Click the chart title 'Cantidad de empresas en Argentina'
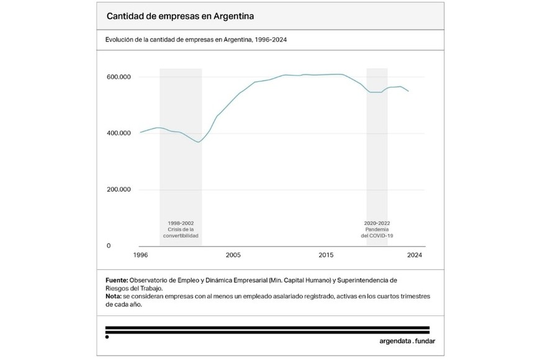(179, 16)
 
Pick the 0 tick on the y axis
(109, 246)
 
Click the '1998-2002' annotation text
(181, 223)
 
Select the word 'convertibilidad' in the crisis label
(181, 236)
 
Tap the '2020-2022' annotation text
(377, 223)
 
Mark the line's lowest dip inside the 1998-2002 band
(199, 142)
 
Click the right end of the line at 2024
(408, 91)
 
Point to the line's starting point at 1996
(141, 132)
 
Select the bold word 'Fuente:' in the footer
(117, 281)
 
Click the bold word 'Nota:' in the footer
(114, 297)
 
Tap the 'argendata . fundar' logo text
(407, 341)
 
